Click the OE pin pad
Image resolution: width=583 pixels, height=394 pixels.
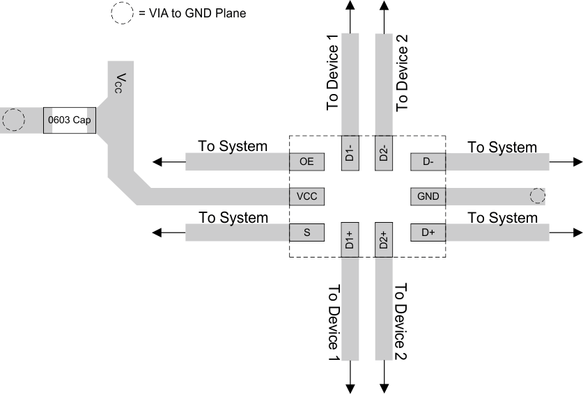click(307, 161)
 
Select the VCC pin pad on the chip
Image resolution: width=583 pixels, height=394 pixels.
click(307, 196)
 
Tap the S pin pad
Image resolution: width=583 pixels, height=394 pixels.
click(307, 232)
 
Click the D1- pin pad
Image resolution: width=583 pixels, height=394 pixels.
click(350, 152)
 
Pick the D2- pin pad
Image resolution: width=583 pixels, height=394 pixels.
click(384, 152)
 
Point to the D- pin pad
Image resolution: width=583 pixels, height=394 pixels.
click(428, 161)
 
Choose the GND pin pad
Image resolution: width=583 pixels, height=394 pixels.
click(428, 196)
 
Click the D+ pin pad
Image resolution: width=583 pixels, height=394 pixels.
click(428, 232)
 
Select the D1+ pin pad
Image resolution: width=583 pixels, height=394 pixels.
click(350, 240)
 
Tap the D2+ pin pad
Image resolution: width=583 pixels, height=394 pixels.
click(384, 240)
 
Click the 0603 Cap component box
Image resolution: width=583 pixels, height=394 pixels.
click(70, 120)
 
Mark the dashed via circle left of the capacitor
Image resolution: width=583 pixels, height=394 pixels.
click(13, 120)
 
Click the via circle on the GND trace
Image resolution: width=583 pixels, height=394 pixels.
click(537, 196)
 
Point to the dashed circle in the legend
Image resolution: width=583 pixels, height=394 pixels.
click(121, 13)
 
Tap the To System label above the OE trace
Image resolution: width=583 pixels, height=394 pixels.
click(233, 146)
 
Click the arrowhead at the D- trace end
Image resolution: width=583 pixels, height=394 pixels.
click(577, 161)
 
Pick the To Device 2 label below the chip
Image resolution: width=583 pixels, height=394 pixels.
click(401, 322)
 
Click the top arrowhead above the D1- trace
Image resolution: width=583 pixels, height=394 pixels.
click(350, 5)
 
